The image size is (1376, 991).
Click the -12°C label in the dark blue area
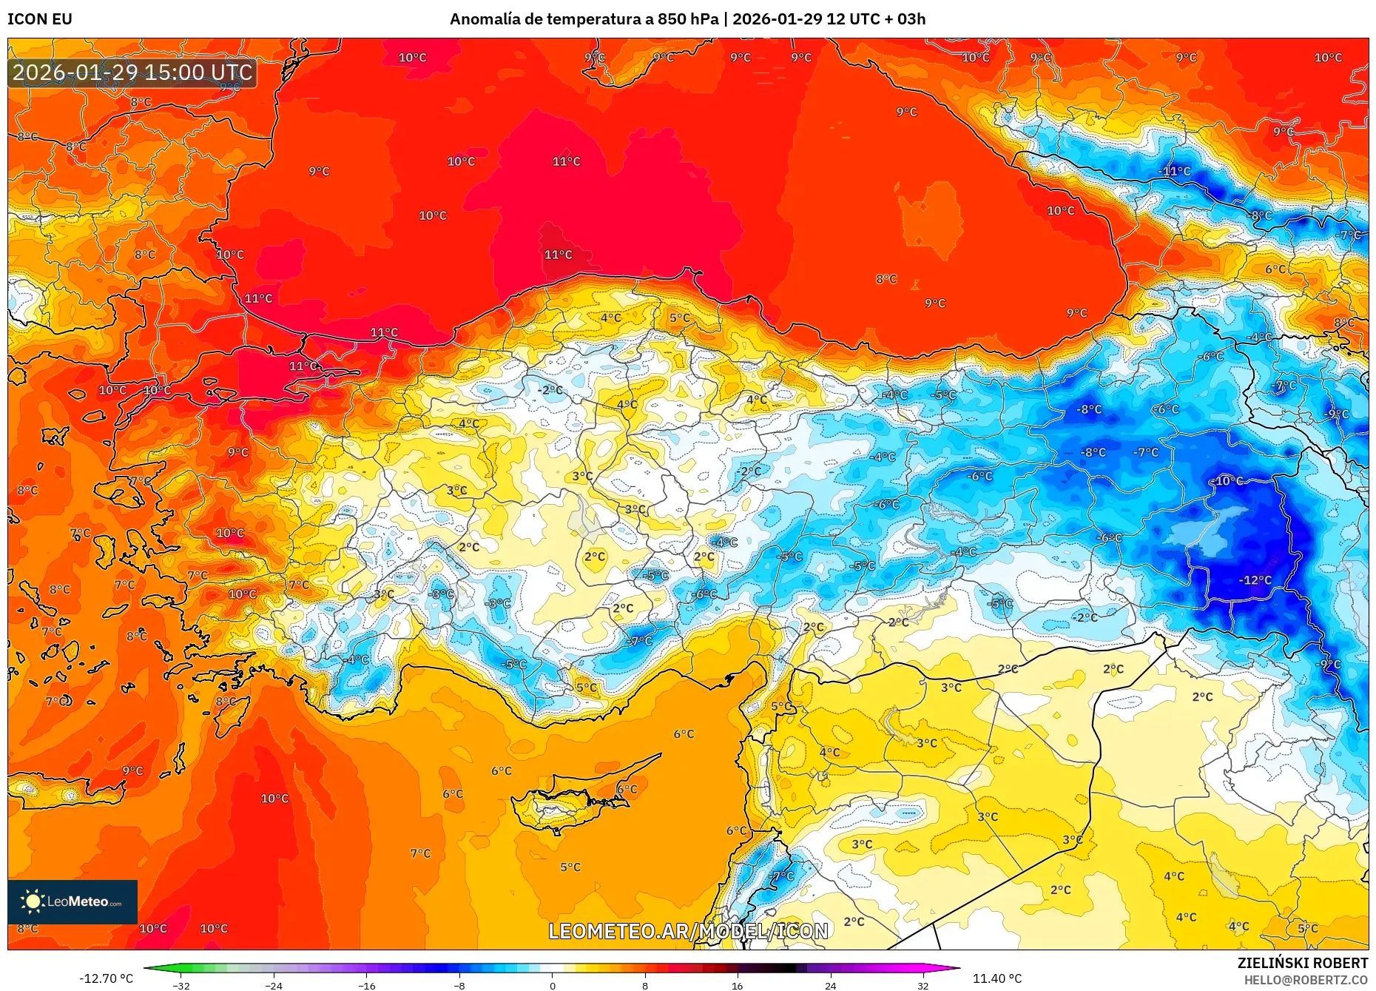1255,580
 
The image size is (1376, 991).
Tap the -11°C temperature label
1174,171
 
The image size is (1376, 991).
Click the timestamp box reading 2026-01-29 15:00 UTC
132,73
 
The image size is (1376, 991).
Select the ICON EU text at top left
40,19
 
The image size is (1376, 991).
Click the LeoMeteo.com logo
72,901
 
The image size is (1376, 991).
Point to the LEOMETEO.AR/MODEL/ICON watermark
688,931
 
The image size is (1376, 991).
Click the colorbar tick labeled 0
552,985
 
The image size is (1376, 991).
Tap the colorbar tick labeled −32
181,985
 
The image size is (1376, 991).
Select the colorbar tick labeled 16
737,985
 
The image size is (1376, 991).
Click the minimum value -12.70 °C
107,978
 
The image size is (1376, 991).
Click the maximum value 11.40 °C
996,978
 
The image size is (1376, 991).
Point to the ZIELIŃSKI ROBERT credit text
1302,963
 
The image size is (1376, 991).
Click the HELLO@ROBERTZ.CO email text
1306,980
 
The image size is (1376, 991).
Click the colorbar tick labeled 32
923,985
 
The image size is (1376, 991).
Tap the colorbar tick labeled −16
367,985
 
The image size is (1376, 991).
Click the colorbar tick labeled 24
830,985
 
